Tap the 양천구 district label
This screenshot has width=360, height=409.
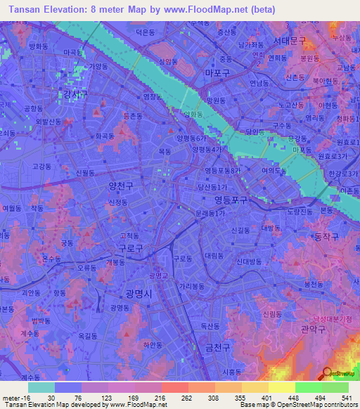[121, 186]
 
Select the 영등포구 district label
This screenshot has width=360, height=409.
[231, 200]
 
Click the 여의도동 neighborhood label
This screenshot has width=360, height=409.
[274, 170]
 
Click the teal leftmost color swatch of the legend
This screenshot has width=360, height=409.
[41, 387]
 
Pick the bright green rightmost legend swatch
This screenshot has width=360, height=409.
[335, 387]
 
